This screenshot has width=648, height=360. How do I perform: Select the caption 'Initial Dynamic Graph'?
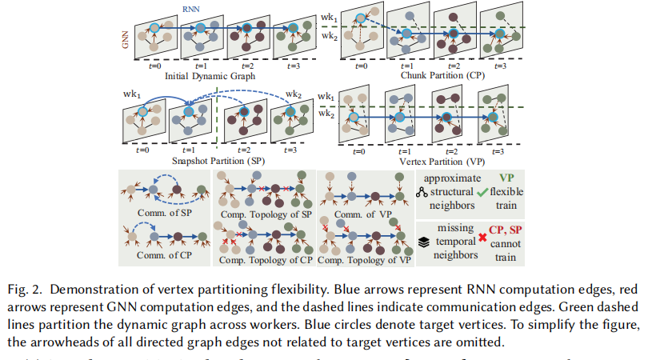tap(210, 76)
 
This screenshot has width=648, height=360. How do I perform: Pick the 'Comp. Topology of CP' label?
tap(266, 260)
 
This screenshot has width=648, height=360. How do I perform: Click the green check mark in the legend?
tap(482, 192)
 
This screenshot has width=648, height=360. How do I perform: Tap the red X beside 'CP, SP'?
tap(482, 238)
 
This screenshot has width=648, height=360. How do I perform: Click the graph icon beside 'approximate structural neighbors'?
tap(422, 193)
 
